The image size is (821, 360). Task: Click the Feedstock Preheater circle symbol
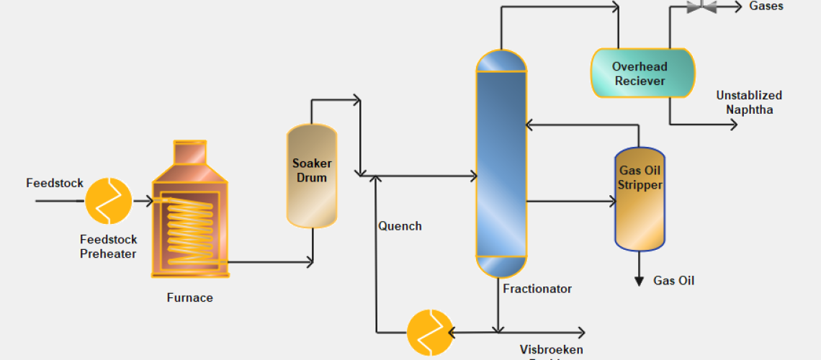[109, 201]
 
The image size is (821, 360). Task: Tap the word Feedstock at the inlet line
[55, 183]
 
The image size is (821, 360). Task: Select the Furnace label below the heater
[189, 297]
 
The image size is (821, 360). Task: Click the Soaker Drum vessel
[312, 176]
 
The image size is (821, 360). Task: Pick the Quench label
[400, 226]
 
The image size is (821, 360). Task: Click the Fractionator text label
[537, 289]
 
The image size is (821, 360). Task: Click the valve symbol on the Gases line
[701, 7]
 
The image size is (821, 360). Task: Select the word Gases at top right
[766, 6]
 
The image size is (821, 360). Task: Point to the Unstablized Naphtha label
[749, 102]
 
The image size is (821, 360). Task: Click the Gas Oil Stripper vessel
[639, 199]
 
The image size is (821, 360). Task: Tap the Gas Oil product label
[673, 281]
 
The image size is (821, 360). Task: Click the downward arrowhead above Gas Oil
[639, 280]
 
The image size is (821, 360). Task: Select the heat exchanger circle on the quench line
[430, 333]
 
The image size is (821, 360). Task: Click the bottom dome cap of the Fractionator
[501, 267]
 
